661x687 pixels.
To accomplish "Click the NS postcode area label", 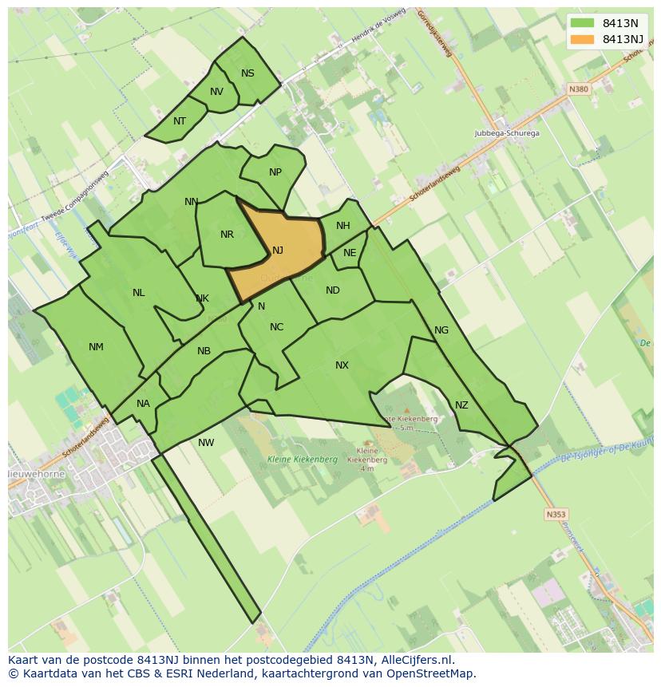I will tap(247, 73).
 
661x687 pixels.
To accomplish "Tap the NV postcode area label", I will tap(216, 92).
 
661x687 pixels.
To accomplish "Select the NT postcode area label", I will tap(180, 121).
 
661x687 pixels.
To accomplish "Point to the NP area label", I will tap(275, 172).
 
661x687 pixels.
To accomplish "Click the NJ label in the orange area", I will tap(278, 251).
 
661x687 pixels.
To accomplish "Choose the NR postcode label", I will tap(227, 235).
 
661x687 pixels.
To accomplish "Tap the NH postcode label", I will tap(343, 226).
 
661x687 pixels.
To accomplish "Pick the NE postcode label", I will tap(350, 253).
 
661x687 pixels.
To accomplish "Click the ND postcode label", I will tap(333, 290).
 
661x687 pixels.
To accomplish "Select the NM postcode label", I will tap(96, 347).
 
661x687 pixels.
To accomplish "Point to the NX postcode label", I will tap(342, 365).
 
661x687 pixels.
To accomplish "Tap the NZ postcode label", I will tap(461, 405).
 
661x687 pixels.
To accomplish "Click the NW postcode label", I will tap(206, 443).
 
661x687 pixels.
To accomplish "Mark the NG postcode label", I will tap(441, 330).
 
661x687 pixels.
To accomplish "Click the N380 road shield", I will tap(578, 89).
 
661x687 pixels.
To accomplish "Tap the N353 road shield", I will tap(556, 515).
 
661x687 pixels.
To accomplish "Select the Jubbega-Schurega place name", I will tap(506, 133).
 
